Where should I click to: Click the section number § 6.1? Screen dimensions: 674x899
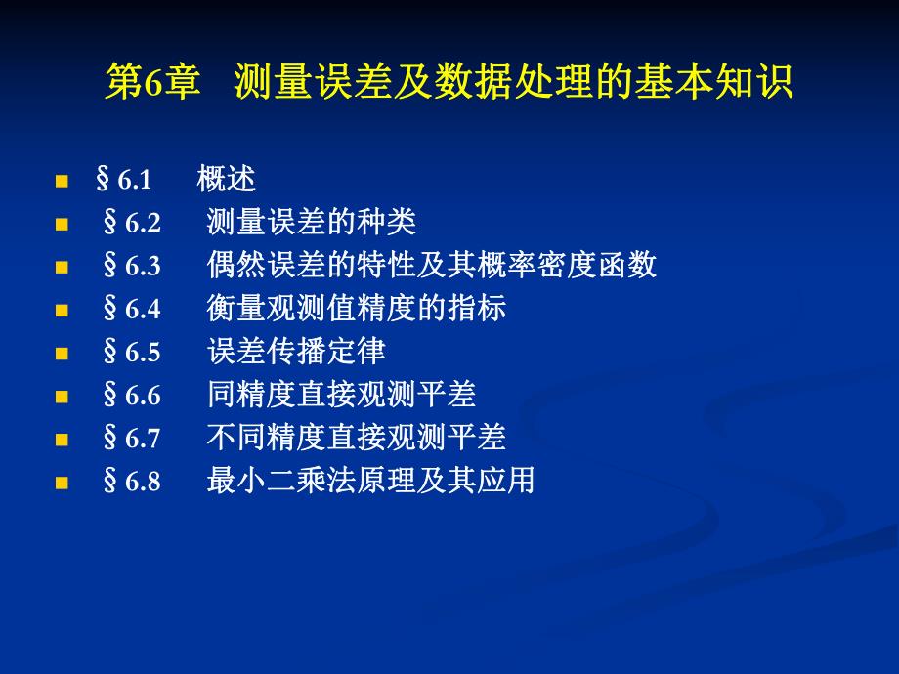pyautogui.click(x=124, y=180)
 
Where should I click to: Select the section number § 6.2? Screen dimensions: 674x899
pyautogui.click(x=131, y=223)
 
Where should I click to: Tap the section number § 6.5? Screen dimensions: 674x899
pyautogui.click(x=131, y=352)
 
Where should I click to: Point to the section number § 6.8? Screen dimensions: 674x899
pyautogui.click(x=131, y=481)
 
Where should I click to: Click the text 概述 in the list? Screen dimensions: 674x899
pyautogui.click(x=226, y=180)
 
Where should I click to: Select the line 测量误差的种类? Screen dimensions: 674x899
pyautogui.click(x=312, y=223)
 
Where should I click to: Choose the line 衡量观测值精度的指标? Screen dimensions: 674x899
pyautogui.click(x=357, y=309)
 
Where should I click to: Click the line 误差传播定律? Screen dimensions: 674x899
pyautogui.click(x=296, y=352)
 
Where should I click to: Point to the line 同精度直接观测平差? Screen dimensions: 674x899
pyautogui.click(x=341, y=395)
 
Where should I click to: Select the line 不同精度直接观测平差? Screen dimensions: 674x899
pyautogui.click(x=357, y=438)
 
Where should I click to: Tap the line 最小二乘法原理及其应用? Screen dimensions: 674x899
pyautogui.click(x=371, y=481)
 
